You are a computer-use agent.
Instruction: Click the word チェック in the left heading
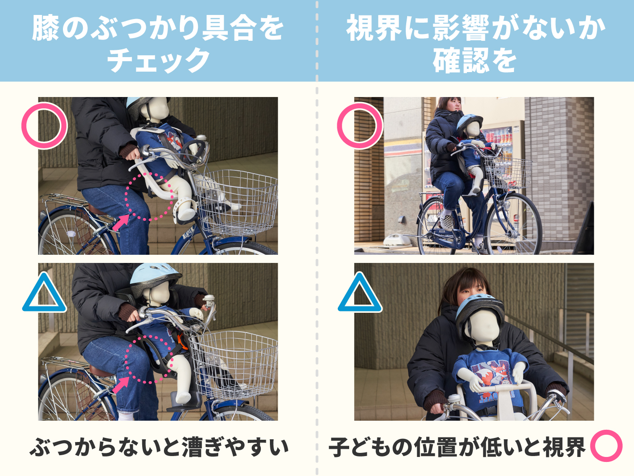pos(158,60)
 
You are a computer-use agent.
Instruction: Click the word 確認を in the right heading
pos(474,60)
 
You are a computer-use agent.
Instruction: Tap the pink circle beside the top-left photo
pos(44,126)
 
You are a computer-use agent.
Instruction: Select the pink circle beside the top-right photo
pos(360,126)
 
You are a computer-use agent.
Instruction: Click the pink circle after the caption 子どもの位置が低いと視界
pos(606,446)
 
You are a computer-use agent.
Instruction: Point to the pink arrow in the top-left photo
pos(120,223)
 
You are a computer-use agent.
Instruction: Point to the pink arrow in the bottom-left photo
pos(120,385)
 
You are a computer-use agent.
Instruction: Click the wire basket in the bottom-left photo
pos(233,363)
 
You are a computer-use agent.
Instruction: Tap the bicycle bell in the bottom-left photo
pos(209,299)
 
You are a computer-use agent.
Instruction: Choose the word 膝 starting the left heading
pos(45,28)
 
